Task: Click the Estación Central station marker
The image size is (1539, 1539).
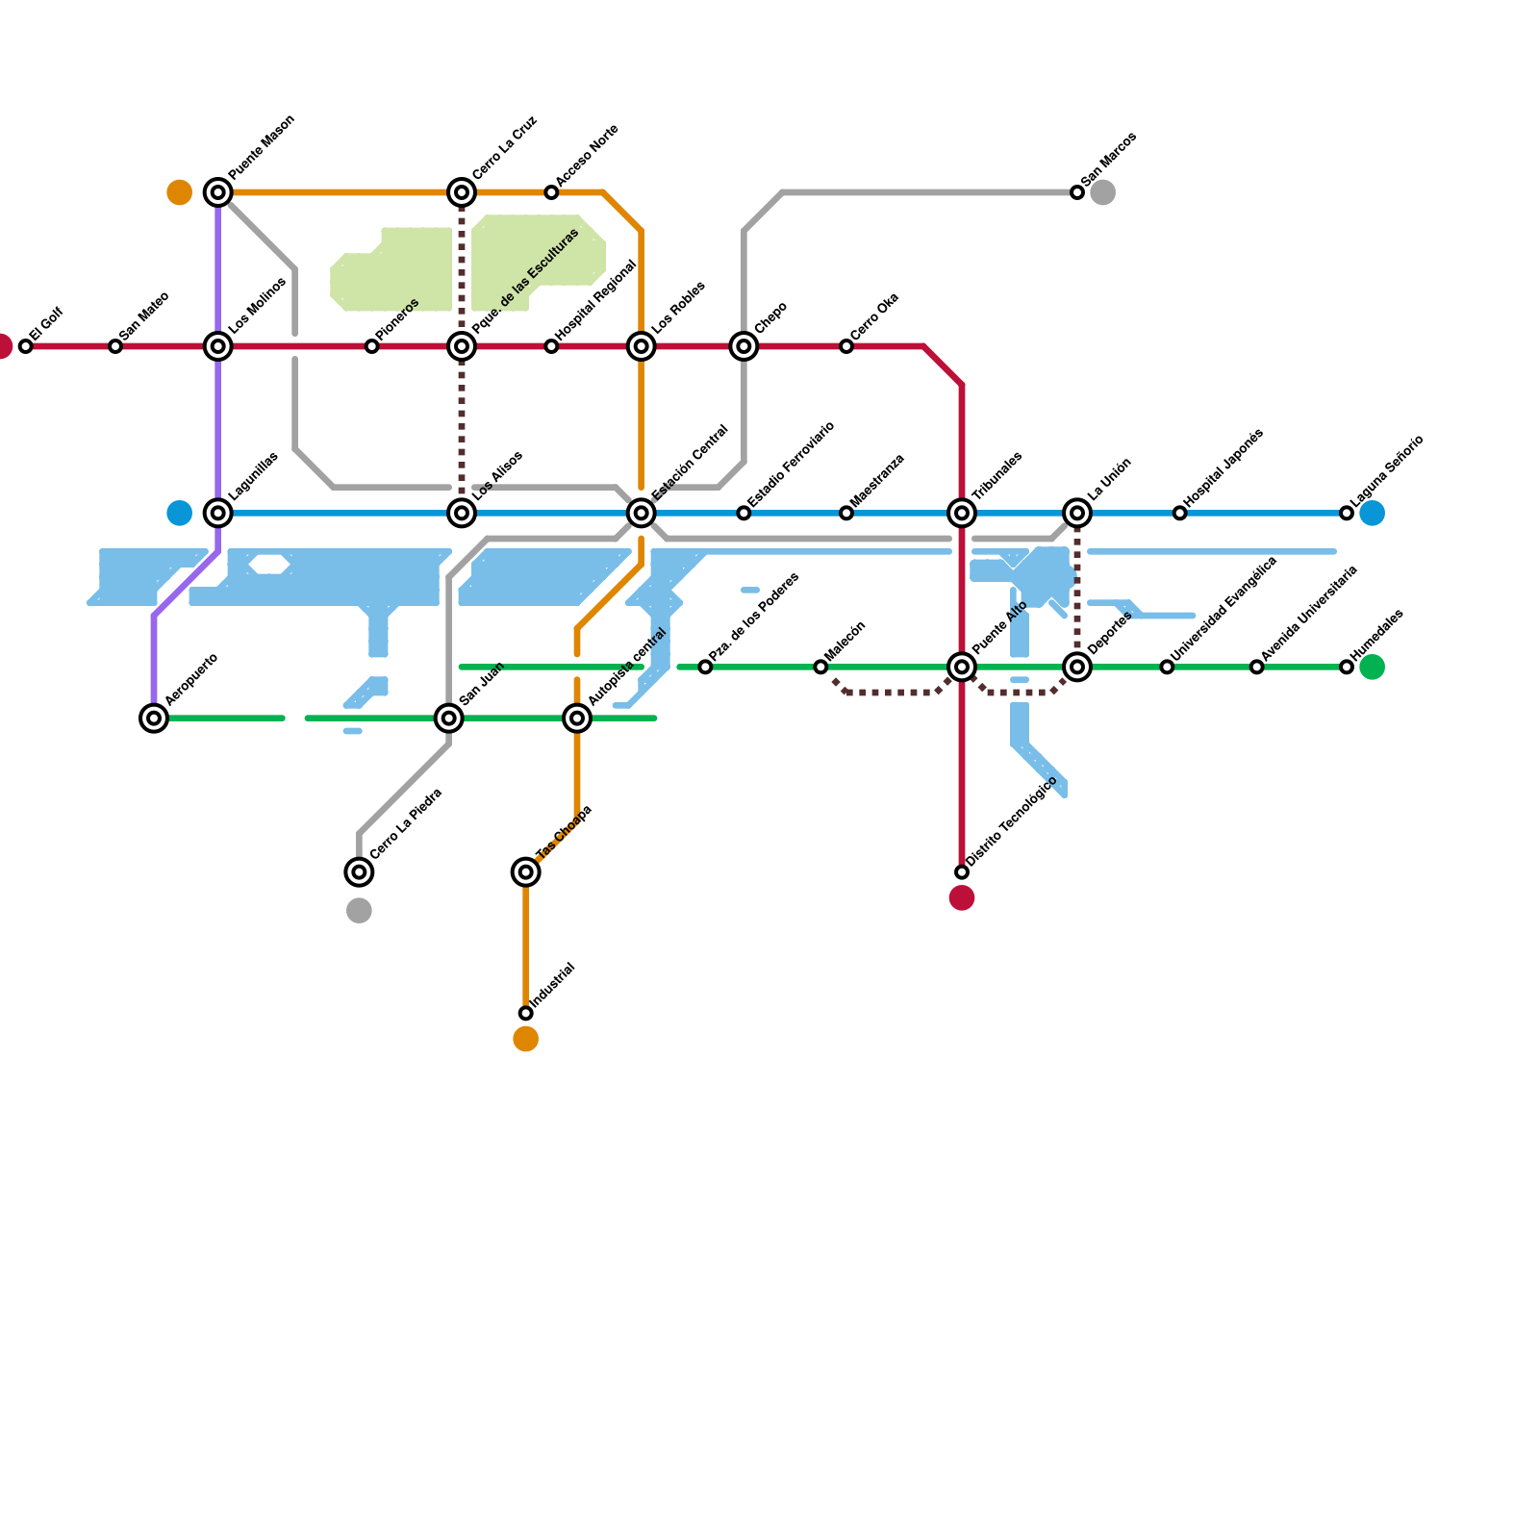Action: coord(642,513)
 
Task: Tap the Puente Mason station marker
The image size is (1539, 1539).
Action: coord(218,192)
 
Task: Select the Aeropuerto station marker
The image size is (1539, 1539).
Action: coord(154,718)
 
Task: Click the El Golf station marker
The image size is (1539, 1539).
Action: coord(26,346)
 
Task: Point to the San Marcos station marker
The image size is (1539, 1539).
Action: coord(1077,192)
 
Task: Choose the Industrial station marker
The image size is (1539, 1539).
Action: coord(525,1013)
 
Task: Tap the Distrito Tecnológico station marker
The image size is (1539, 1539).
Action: coord(962,871)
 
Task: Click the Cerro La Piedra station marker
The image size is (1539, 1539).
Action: coord(359,871)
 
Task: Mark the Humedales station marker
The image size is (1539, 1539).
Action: coord(1347,667)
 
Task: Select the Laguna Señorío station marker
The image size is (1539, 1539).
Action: coord(1347,513)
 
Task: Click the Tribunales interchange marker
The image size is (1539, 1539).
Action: coord(962,513)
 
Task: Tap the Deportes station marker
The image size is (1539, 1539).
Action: coord(1077,667)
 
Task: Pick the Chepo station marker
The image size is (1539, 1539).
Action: coord(744,346)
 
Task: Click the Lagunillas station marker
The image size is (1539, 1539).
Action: coord(218,513)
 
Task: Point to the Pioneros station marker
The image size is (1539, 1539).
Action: coord(372,346)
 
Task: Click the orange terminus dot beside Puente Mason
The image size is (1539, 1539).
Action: coord(180,192)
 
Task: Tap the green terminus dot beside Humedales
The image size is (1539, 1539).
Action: coord(1373,667)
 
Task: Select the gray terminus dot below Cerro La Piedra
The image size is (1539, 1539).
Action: coord(359,910)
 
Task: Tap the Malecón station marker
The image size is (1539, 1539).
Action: coord(820,667)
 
